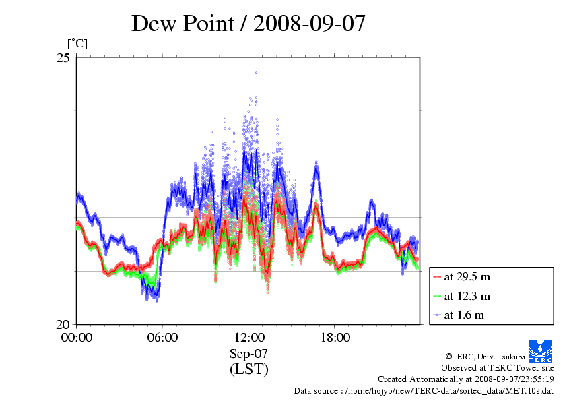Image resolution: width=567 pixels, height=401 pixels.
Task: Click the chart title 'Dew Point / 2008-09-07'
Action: [248, 24]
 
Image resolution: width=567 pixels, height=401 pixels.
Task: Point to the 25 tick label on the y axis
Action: [63, 58]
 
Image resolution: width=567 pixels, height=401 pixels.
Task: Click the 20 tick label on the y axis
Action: [63, 324]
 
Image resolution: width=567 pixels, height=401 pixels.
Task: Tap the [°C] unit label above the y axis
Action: [77, 44]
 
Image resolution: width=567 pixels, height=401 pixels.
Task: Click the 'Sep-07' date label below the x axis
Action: [248, 354]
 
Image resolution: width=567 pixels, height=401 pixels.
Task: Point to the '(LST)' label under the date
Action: [248, 369]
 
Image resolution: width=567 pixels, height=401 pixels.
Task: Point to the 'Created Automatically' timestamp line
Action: [465, 379]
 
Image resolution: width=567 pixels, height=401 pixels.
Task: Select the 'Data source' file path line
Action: [424, 391]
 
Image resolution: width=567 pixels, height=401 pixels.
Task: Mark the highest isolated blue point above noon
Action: [256, 73]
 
